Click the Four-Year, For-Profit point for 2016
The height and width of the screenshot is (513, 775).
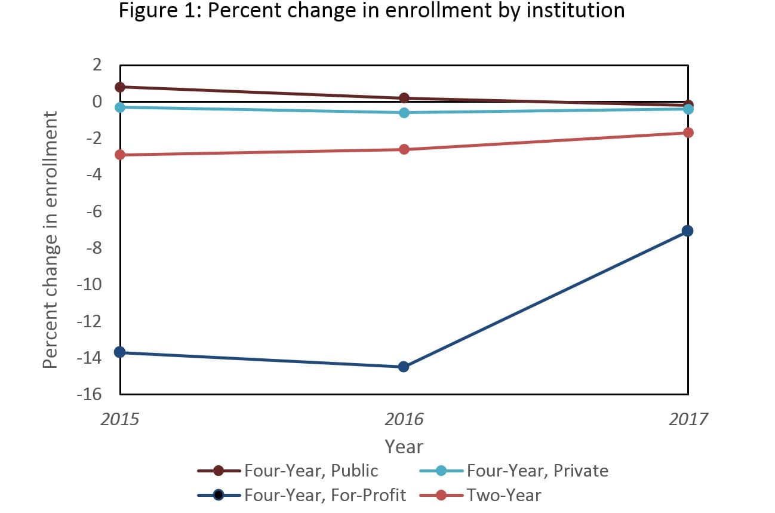click(404, 367)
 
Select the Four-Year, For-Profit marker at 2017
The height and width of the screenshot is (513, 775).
click(687, 231)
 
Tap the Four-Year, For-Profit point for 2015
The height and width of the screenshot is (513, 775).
click(120, 352)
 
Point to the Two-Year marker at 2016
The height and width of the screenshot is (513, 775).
click(404, 149)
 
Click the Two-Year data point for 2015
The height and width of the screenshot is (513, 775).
click(120, 155)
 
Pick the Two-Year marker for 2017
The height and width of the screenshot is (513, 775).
click(687, 133)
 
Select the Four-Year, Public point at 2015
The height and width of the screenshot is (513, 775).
click(120, 87)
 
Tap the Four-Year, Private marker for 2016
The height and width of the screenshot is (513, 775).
click(404, 112)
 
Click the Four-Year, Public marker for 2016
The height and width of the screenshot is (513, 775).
click(404, 98)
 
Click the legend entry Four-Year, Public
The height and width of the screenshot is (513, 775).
click(310, 471)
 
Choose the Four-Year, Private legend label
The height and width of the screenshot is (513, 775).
click(537, 471)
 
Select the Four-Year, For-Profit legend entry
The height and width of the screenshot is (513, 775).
click(325, 495)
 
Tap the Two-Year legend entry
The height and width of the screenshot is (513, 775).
click(504, 495)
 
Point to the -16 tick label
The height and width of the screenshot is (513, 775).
click(88, 395)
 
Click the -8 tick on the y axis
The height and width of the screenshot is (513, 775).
click(93, 248)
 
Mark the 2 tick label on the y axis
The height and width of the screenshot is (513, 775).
click(97, 65)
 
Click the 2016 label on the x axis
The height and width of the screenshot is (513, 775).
click(404, 419)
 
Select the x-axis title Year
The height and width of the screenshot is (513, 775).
click(404, 446)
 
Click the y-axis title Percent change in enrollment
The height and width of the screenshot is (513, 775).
click(51, 239)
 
